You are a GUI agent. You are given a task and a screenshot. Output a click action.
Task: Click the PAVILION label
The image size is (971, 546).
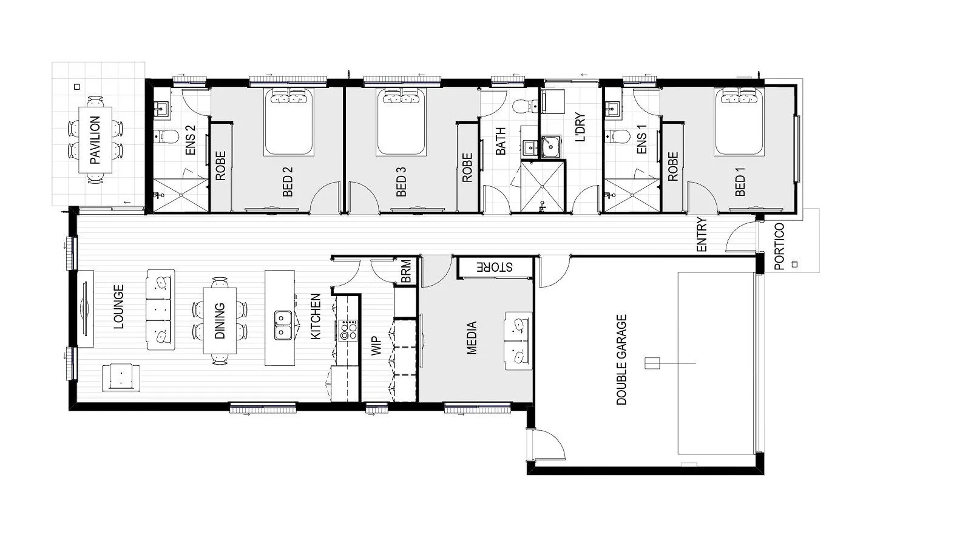(95, 141)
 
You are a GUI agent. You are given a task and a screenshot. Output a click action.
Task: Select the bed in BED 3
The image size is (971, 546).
(401, 122)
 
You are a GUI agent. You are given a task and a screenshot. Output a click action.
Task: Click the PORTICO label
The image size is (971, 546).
(779, 245)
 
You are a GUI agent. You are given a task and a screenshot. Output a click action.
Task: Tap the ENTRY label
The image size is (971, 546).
(702, 235)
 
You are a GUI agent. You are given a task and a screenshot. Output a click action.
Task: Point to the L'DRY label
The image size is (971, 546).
(580, 127)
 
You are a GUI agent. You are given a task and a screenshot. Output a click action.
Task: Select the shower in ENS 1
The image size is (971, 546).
(632, 195)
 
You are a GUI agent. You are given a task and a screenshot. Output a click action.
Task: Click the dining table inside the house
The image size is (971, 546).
(220, 320)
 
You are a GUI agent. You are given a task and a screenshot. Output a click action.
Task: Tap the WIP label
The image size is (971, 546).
(374, 349)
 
